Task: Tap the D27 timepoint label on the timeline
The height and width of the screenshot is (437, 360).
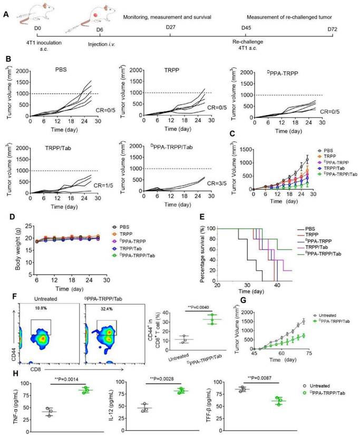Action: (x=170, y=27)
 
